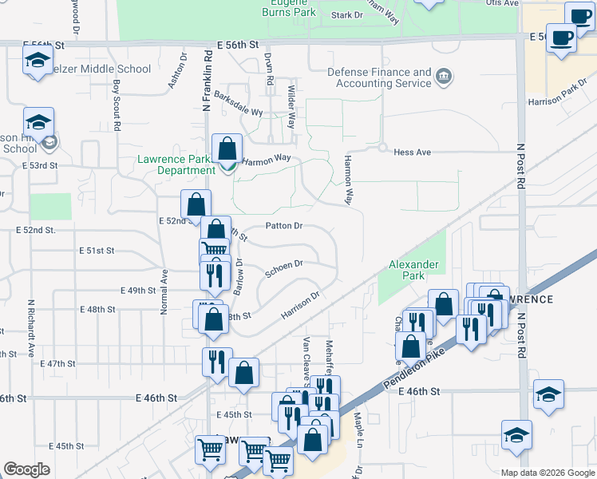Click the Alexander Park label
(x=413, y=270)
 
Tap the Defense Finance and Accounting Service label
(x=380, y=77)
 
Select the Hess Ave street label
(x=412, y=152)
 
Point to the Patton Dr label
(x=283, y=226)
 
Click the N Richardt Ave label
(x=31, y=328)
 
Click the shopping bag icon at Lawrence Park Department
(x=227, y=149)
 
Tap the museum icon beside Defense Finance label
(x=445, y=77)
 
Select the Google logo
(x=26, y=469)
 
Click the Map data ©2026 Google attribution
(x=547, y=473)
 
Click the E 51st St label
(x=97, y=251)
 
